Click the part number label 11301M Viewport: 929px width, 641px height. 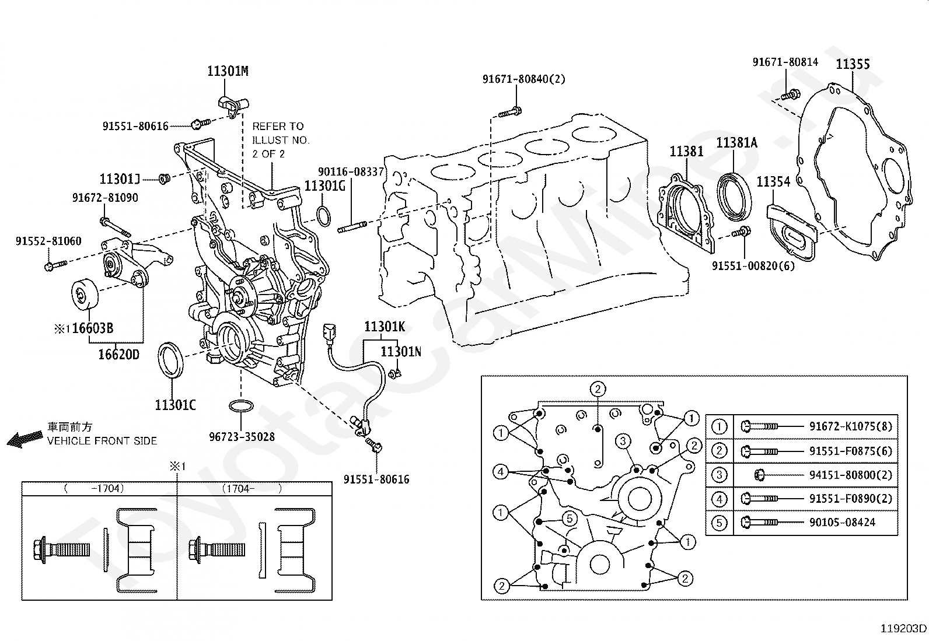click(228, 71)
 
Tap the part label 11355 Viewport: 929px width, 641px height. click(853, 64)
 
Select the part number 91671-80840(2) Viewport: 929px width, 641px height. click(524, 79)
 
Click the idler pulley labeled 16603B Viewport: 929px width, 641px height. click(85, 295)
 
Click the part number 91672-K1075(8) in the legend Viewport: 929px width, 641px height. click(851, 426)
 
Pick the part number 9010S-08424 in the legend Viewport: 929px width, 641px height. click(842, 522)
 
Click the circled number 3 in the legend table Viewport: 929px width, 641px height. click(719, 475)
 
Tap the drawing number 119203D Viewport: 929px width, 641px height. click(903, 629)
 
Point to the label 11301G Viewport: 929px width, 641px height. click(324, 186)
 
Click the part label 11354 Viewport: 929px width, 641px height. click(773, 181)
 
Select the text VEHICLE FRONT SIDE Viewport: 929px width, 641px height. click(102, 441)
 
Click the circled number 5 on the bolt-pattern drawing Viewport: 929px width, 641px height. click(570, 519)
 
